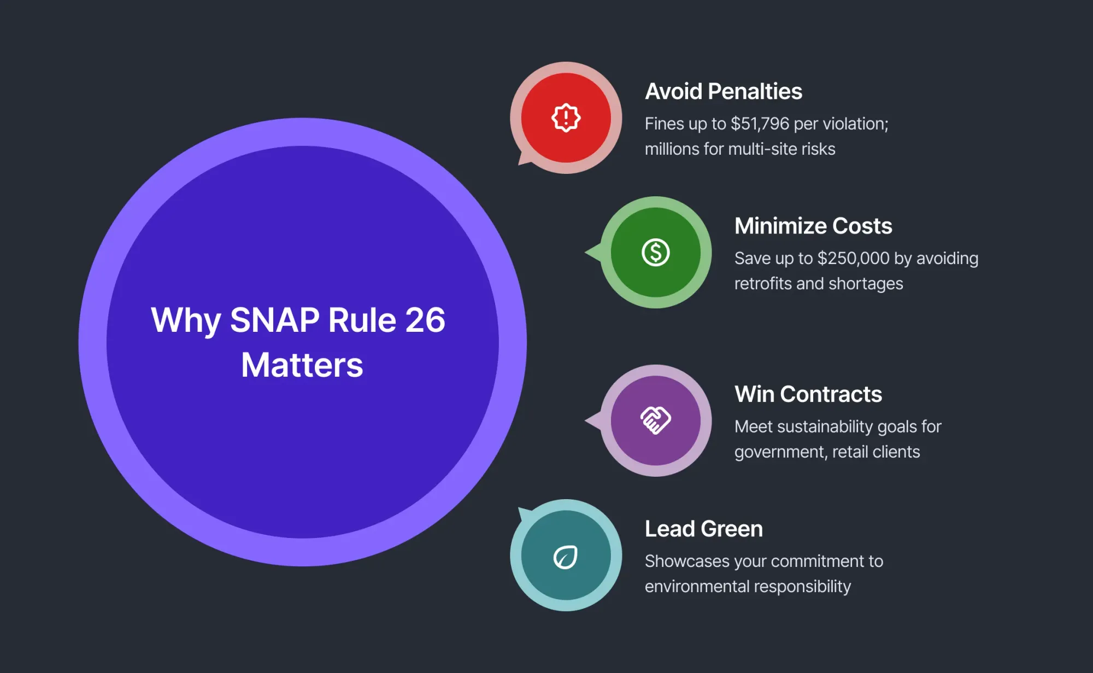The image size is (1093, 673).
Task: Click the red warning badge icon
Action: [x=566, y=118]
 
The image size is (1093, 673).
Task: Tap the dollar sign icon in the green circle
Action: [x=655, y=253]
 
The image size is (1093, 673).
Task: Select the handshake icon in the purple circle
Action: [x=655, y=420]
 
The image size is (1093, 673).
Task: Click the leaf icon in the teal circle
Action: [x=566, y=557]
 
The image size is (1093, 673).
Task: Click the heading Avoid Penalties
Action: [x=723, y=91]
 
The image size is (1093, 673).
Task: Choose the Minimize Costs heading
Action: [x=813, y=226]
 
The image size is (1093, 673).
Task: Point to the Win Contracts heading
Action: [x=808, y=394]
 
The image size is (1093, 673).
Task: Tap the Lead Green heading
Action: [x=703, y=529]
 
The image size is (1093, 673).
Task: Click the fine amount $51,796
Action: [x=760, y=124]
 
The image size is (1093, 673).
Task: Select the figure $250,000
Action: [x=853, y=259]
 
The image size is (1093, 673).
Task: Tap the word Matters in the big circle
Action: [x=302, y=365]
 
